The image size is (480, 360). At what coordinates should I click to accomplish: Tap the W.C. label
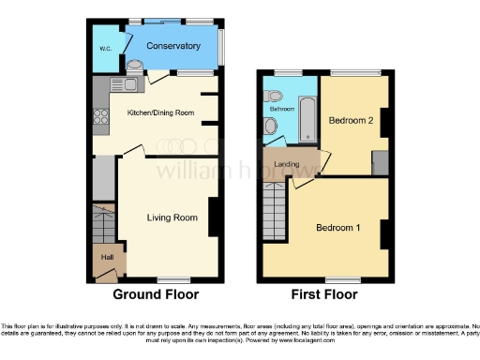105,50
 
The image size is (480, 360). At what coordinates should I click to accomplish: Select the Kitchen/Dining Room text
160,112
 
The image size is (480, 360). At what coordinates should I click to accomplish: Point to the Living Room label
172,217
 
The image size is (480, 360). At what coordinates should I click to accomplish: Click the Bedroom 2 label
351,121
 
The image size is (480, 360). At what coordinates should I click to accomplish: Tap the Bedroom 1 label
337,228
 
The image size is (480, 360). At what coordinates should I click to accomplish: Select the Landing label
287,165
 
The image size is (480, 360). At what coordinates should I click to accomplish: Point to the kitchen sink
127,86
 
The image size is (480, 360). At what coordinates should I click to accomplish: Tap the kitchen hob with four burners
101,118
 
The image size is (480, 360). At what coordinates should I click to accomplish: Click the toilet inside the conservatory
137,66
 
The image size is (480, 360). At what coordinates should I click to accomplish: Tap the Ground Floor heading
157,294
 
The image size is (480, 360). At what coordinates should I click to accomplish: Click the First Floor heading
325,294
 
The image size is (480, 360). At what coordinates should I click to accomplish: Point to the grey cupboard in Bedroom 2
380,161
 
